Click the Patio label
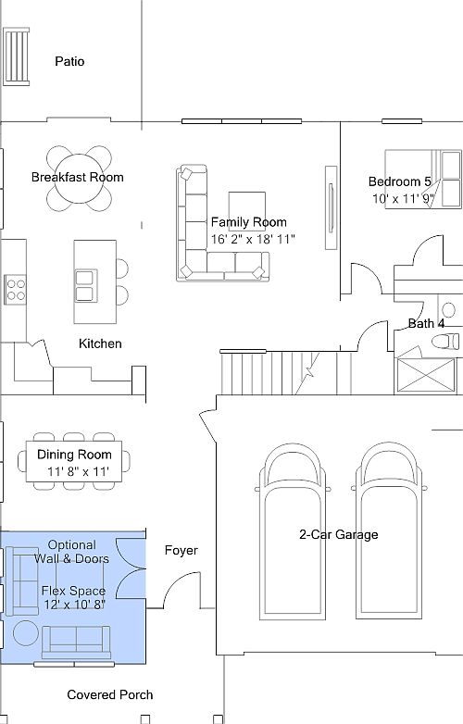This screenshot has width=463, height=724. tap(69, 61)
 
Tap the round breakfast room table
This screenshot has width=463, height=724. tap(79, 179)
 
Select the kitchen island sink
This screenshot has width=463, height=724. tap(86, 286)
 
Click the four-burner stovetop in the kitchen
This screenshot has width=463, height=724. tap(15, 290)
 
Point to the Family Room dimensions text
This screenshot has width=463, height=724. tap(253, 239)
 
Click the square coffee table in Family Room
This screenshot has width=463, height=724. tap(247, 211)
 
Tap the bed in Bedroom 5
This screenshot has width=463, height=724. tap(423, 179)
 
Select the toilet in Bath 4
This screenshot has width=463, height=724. tap(446, 342)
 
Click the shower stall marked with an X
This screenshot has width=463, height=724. tap(426, 376)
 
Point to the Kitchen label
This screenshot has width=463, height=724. tap(100, 343)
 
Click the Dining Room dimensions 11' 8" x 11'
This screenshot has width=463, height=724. tap(79, 472)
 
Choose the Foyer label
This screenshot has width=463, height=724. tap(181, 550)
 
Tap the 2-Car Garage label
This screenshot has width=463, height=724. tap(339, 535)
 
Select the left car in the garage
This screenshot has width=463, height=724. tap(293, 531)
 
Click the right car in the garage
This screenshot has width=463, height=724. tap(389, 531)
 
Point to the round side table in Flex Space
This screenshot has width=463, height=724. tap(25, 632)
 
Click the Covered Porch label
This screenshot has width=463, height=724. tap(110, 695)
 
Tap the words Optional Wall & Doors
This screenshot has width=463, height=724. tap(72, 552)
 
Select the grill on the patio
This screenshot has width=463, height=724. tap(17, 56)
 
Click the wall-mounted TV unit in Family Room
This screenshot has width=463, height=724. tap(331, 207)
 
